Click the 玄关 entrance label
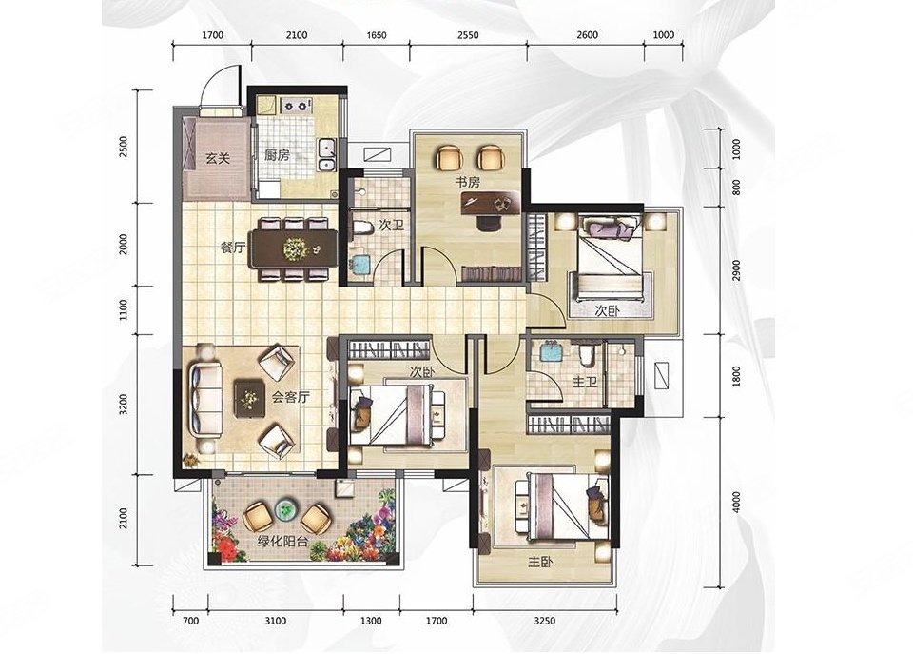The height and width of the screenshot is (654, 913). [x=217, y=158]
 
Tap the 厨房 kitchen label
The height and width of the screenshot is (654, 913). [x=277, y=155]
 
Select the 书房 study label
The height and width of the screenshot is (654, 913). [x=468, y=182]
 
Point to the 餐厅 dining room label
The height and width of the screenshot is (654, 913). [x=232, y=248]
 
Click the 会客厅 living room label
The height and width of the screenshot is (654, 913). [x=291, y=398]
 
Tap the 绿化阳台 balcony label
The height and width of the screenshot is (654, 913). [x=283, y=541]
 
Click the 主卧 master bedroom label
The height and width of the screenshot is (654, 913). [x=541, y=562]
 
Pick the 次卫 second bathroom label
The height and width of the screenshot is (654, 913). [x=391, y=225]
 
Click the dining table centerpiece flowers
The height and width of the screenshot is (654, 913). [x=295, y=248]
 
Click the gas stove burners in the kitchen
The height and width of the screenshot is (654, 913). [x=295, y=106]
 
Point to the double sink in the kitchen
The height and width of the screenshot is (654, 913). [x=326, y=155]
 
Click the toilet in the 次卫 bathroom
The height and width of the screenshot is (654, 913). [x=362, y=228]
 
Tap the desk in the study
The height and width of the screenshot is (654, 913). [x=491, y=202]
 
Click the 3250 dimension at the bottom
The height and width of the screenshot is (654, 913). [x=544, y=621]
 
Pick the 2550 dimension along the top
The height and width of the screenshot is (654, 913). [x=468, y=35]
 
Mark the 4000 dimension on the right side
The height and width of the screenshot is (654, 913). [x=736, y=503]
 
